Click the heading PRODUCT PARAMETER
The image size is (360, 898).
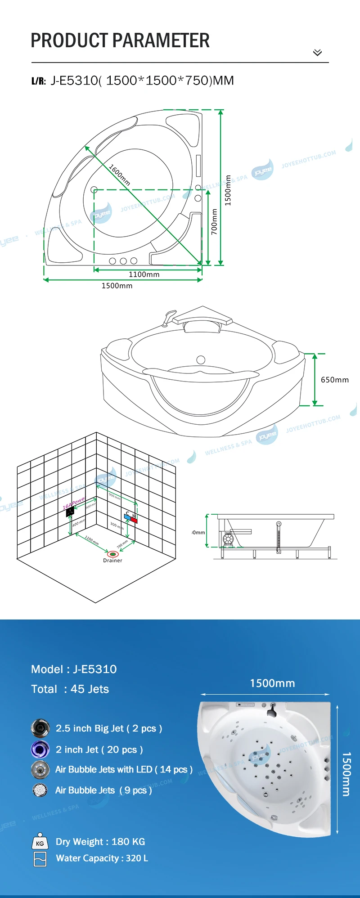click(120, 40)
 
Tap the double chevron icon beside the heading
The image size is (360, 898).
click(317, 53)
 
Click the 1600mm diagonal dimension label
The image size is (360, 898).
click(120, 175)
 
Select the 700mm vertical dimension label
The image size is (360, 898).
click(214, 221)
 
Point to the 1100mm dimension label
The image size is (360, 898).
click(144, 274)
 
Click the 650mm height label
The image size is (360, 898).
click(334, 380)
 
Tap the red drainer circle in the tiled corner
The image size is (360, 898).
click(112, 553)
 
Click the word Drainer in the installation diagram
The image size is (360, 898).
click(112, 561)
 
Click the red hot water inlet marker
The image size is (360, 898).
click(134, 520)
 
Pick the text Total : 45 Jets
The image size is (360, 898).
click(70, 689)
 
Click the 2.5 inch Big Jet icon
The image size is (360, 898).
click(40, 728)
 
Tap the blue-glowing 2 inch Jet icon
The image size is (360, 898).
click(40, 750)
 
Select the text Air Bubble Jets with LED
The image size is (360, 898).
click(103, 769)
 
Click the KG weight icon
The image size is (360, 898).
click(40, 843)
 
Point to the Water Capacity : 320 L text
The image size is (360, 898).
click(102, 858)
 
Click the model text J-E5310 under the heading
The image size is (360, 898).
click(74, 81)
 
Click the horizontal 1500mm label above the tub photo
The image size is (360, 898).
click(272, 683)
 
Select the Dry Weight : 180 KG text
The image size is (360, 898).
click(100, 841)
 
